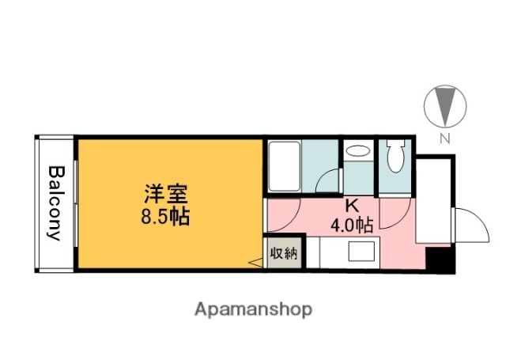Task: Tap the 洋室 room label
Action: pos(167,195)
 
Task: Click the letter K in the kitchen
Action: pos(352,205)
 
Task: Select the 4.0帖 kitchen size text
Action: pos(352,225)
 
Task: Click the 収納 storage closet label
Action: pos(283,254)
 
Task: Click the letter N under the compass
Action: pos(444,139)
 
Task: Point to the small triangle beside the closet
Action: pos(256,263)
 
